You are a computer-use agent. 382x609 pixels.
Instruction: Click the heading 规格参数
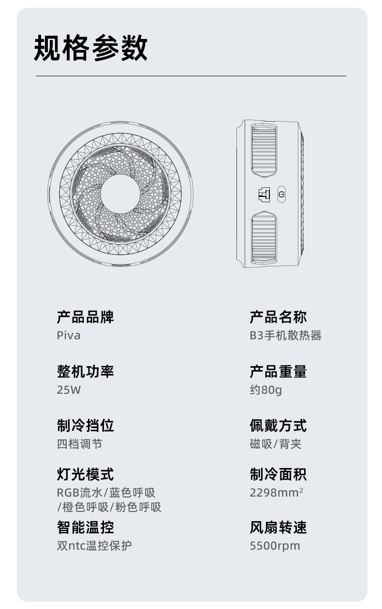point(90,48)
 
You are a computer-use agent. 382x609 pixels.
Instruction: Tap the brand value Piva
point(69,335)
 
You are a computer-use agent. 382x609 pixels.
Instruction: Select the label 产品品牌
point(85,317)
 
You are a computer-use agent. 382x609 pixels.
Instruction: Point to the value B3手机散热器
point(285,335)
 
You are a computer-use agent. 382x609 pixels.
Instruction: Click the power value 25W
point(69,390)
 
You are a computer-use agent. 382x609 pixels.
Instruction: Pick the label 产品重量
point(278,372)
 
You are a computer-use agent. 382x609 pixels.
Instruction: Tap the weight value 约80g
point(265,390)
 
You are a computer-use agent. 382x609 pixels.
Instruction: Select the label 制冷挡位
point(85,426)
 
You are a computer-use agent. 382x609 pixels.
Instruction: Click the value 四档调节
point(79,444)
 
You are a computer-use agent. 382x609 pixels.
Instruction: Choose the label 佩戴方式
point(278,426)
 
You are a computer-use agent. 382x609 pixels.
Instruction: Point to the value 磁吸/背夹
point(276,444)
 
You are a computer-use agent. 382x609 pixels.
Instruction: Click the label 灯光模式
point(85,474)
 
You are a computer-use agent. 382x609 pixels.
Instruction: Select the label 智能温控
point(85,527)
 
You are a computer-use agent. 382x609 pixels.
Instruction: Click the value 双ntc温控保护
point(94,546)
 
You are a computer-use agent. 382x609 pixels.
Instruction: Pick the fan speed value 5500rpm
point(275,546)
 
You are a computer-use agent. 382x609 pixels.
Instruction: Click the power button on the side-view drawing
point(282,195)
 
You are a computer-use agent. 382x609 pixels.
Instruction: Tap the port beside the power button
point(264,195)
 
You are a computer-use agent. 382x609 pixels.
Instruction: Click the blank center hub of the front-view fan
point(120,194)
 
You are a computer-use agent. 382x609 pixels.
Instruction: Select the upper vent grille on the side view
point(264,149)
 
